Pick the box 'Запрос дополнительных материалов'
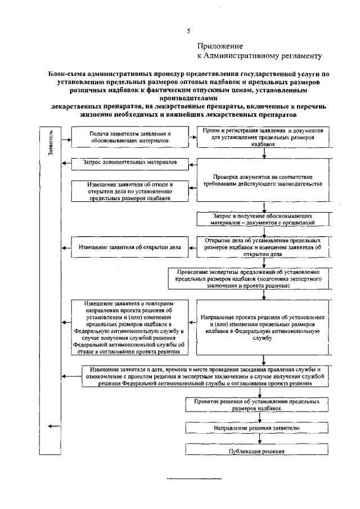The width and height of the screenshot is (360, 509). (130, 163)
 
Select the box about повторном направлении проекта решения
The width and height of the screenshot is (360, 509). (130, 327)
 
